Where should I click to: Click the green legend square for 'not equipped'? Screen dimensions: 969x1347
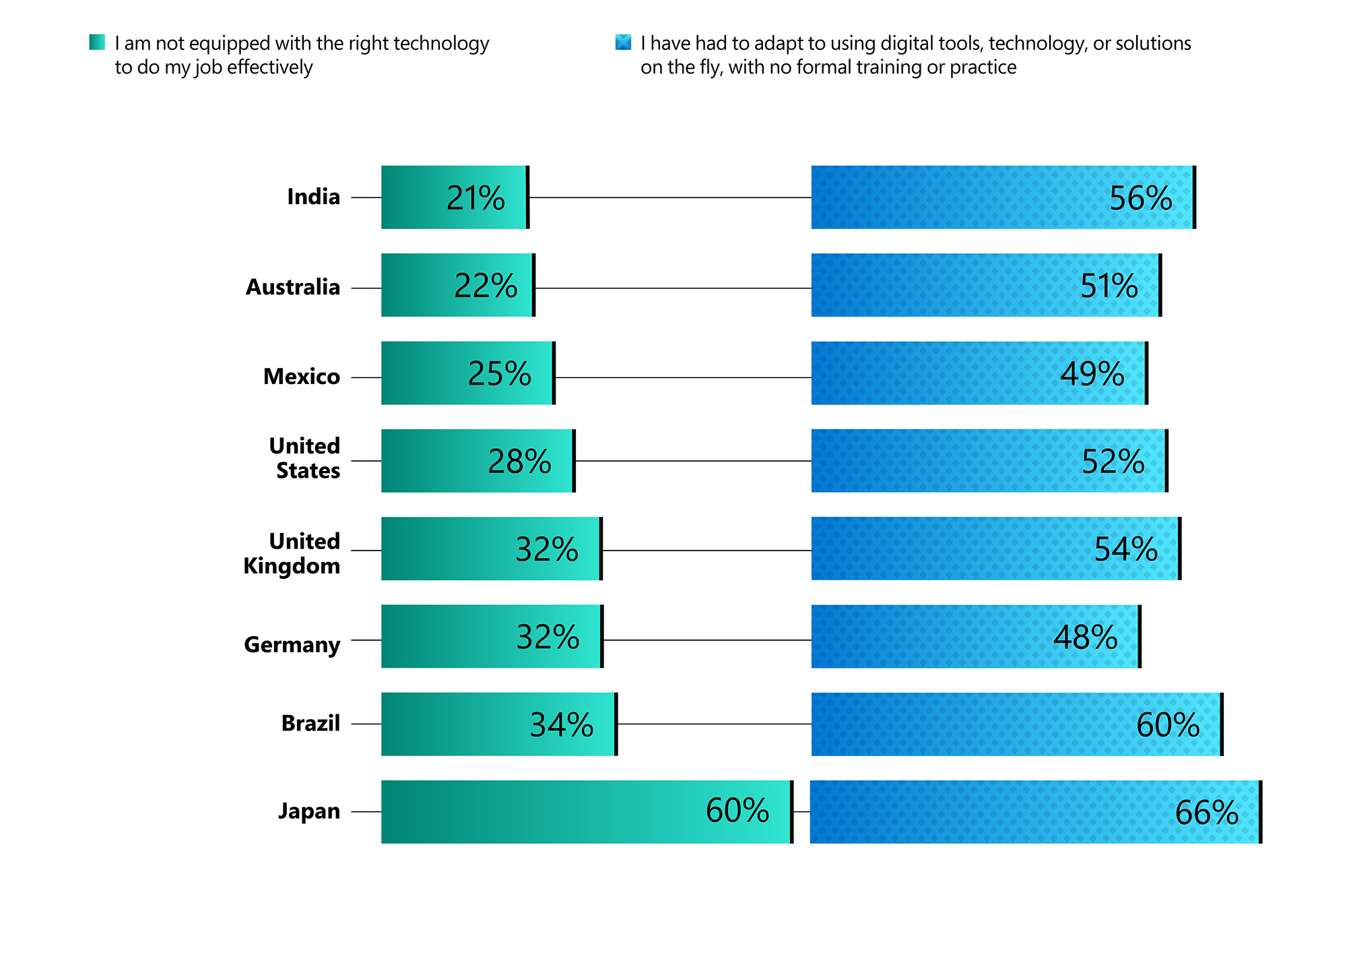click(x=97, y=42)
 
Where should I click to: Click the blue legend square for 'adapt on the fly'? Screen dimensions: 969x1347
click(x=624, y=42)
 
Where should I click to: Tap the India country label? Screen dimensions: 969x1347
click(x=313, y=197)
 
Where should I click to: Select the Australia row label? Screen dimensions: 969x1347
click(x=293, y=287)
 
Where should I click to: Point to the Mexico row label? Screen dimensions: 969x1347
click(x=302, y=377)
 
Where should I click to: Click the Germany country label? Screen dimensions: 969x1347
click(x=292, y=644)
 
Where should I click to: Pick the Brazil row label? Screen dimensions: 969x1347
click(x=310, y=723)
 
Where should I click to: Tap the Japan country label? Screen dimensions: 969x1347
click(x=309, y=811)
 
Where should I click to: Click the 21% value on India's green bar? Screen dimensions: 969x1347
click(x=475, y=198)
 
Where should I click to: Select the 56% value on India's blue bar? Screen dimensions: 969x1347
click(x=1140, y=198)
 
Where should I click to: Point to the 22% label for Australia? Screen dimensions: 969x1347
click(x=486, y=286)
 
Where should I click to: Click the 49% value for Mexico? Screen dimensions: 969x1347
click(x=1092, y=374)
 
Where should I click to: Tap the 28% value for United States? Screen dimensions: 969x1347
click(x=519, y=462)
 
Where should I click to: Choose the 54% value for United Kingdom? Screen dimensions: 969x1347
click(x=1125, y=549)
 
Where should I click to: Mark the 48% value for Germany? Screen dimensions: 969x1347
click(x=1085, y=637)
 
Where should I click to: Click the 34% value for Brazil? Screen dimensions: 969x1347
click(x=562, y=725)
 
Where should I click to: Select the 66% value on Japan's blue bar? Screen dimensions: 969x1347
click(x=1206, y=813)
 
